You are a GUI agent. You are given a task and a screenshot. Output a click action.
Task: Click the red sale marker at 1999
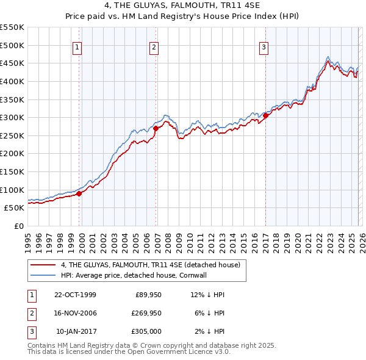(79, 193)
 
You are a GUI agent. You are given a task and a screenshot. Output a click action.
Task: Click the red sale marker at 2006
(156, 129)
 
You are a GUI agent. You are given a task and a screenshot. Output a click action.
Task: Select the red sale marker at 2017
(265, 115)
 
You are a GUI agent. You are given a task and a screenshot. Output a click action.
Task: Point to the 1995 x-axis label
(28, 242)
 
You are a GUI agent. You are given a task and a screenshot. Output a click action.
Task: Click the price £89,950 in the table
(146, 294)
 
